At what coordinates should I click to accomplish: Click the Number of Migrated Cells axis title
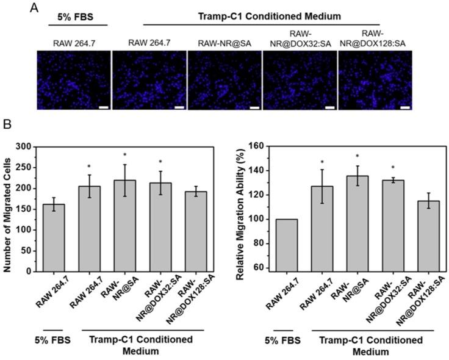[x=9, y=209]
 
